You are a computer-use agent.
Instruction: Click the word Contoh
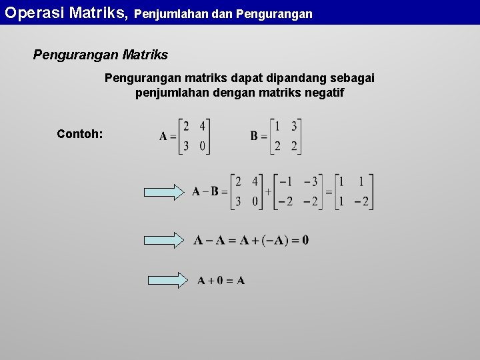pos(79,134)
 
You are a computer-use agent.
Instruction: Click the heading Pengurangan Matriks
pos(101,55)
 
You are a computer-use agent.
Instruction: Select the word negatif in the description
pos(323,93)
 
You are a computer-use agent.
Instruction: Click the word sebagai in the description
pos(351,78)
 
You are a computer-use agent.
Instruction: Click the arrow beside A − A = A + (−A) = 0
pos(167,240)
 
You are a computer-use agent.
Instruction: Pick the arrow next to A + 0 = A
pos(167,280)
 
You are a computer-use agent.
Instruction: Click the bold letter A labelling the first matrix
pos(163,137)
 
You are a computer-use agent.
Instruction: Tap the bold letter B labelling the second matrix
pos(254,136)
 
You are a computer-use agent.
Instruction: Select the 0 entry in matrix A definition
pos(202,147)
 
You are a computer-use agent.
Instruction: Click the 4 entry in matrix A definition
pos(202,126)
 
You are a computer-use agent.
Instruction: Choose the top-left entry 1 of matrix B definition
pos(277,126)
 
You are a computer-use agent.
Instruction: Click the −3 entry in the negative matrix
pos(310,181)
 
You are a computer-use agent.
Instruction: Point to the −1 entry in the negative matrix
pos(285,181)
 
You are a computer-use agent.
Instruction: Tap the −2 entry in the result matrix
pos(361,201)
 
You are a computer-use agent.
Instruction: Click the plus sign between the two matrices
pos(268,192)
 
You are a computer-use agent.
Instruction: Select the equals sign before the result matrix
pos(329,192)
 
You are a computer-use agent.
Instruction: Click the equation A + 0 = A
pos(221,281)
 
